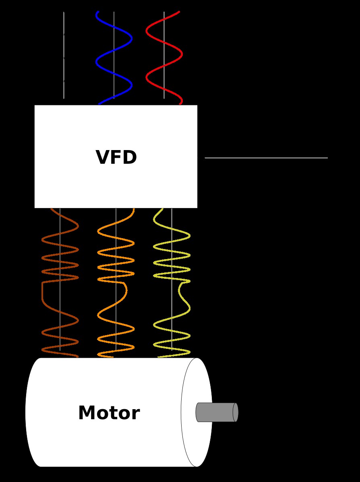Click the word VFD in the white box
point(116,158)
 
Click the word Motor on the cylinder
point(109,413)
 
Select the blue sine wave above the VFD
point(131,39)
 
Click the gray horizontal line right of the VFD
point(266,158)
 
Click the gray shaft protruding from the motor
point(215,412)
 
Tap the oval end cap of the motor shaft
point(236,412)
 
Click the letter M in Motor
point(86,413)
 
